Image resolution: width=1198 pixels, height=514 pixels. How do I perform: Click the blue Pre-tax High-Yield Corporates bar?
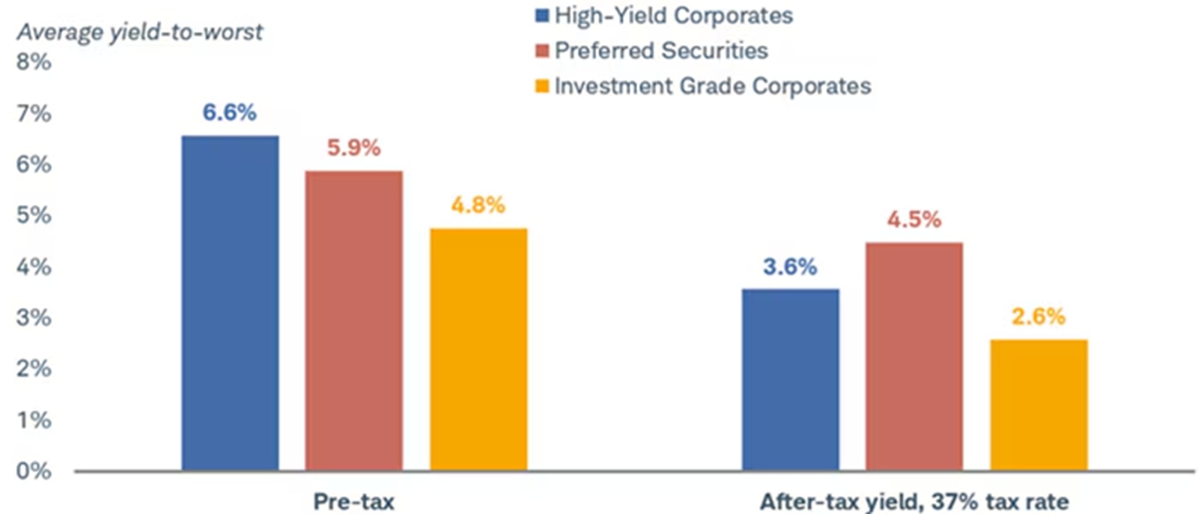230,303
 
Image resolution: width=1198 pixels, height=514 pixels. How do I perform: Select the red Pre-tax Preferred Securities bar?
353,321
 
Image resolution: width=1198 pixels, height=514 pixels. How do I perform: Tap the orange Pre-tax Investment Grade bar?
478,349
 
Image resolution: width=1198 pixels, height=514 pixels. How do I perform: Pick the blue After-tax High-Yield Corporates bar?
790,380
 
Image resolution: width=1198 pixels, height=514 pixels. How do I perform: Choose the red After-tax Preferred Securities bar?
913,357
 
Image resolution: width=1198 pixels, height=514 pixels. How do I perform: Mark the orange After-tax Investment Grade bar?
1038,405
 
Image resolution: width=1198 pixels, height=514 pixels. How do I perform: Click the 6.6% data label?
229,112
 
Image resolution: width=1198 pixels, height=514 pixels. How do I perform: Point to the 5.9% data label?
353,148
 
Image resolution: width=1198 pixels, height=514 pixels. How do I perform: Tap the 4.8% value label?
478,205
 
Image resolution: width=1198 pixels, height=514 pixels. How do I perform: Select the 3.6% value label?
790,267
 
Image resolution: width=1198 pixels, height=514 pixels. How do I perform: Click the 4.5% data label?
913,220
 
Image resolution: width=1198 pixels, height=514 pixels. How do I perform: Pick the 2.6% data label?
1038,316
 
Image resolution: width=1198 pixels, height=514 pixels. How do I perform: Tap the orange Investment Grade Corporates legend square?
542,86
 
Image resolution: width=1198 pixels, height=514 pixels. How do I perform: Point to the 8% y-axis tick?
34,61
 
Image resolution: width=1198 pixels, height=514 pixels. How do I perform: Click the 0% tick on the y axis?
34,471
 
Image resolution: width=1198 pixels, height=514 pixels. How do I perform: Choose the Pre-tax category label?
353,501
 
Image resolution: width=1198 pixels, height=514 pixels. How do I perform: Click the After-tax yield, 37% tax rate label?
913,501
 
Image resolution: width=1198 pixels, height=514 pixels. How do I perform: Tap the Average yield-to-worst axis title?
139,32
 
